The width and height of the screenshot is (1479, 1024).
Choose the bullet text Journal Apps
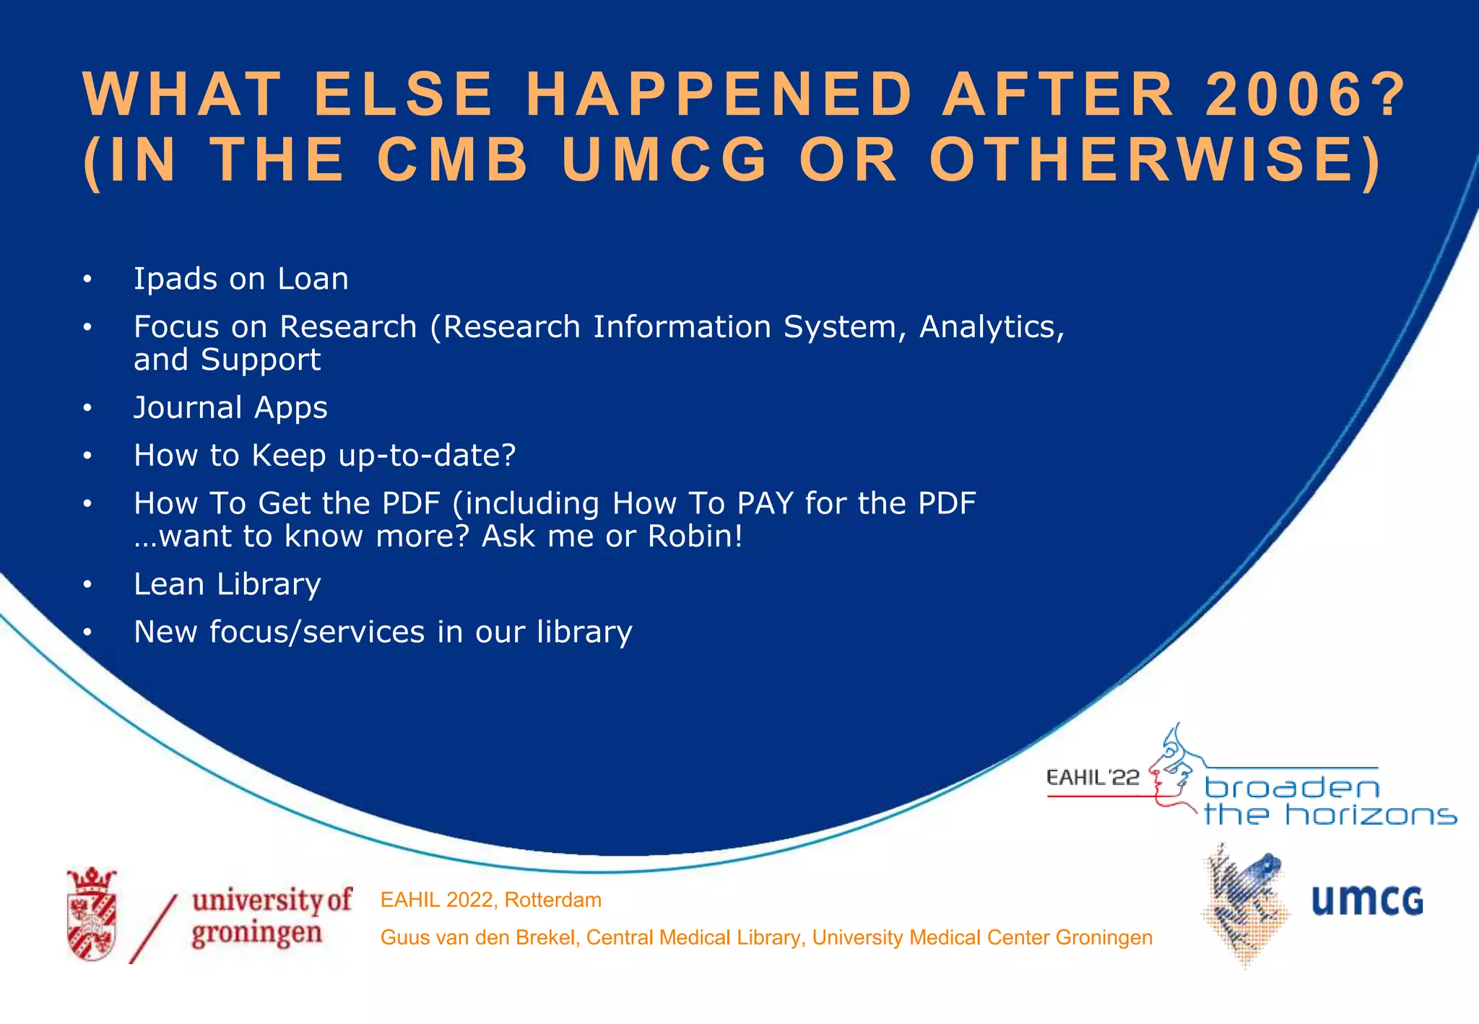(x=230, y=408)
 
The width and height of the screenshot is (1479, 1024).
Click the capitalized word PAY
(x=765, y=503)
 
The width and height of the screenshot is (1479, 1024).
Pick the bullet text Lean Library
(x=227, y=584)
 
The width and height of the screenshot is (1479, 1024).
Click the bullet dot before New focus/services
(x=87, y=633)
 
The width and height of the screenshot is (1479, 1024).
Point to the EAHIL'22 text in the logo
(x=1093, y=778)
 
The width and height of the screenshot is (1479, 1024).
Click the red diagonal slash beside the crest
(x=153, y=929)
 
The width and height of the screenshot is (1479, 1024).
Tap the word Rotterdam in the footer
(x=552, y=900)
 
